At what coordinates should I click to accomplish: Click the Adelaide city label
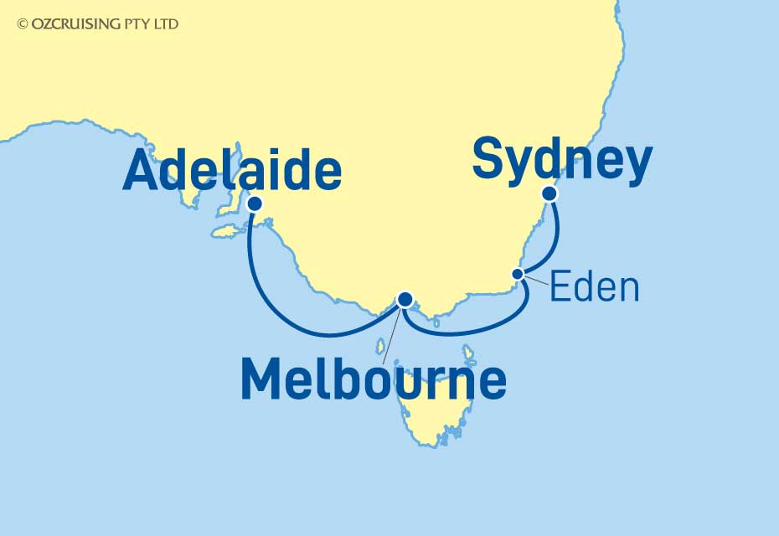click(x=232, y=171)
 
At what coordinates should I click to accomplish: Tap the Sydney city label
click(x=561, y=160)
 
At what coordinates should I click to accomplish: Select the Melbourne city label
click(x=374, y=379)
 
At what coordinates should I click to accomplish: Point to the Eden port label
click(x=595, y=288)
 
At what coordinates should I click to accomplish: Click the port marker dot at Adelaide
click(x=255, y=204)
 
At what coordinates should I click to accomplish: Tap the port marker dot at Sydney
click(x=549, y=193)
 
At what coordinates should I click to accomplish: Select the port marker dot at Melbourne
click(x=405, y=298)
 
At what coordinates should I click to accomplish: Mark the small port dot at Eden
click(x=518, y=274)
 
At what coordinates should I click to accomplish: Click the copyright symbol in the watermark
click(x=22, y=24)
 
